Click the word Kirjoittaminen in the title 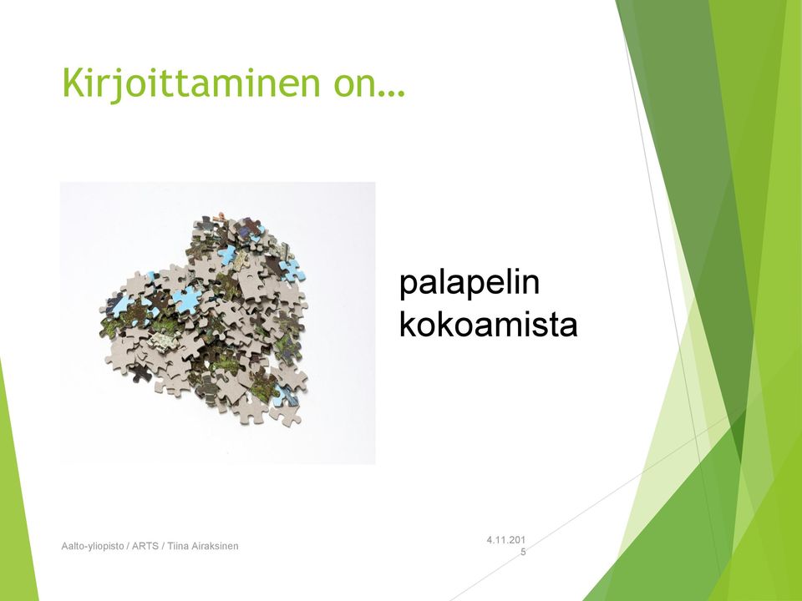click(190, 83)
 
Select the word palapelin click(469, 283)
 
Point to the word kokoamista click(488, 324)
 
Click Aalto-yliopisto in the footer click(93, 546)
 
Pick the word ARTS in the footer click(145, 546)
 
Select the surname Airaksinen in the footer click(215, 546)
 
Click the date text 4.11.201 click(506, 540)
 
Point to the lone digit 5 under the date click(523, 552)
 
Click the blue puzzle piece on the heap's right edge click(292, 270)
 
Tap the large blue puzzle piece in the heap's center click(185, 299)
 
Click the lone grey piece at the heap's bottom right click(286, 415)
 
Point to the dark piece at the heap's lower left click(140, 372)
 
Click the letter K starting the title click(74, 82)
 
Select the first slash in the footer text click(128, 546)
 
